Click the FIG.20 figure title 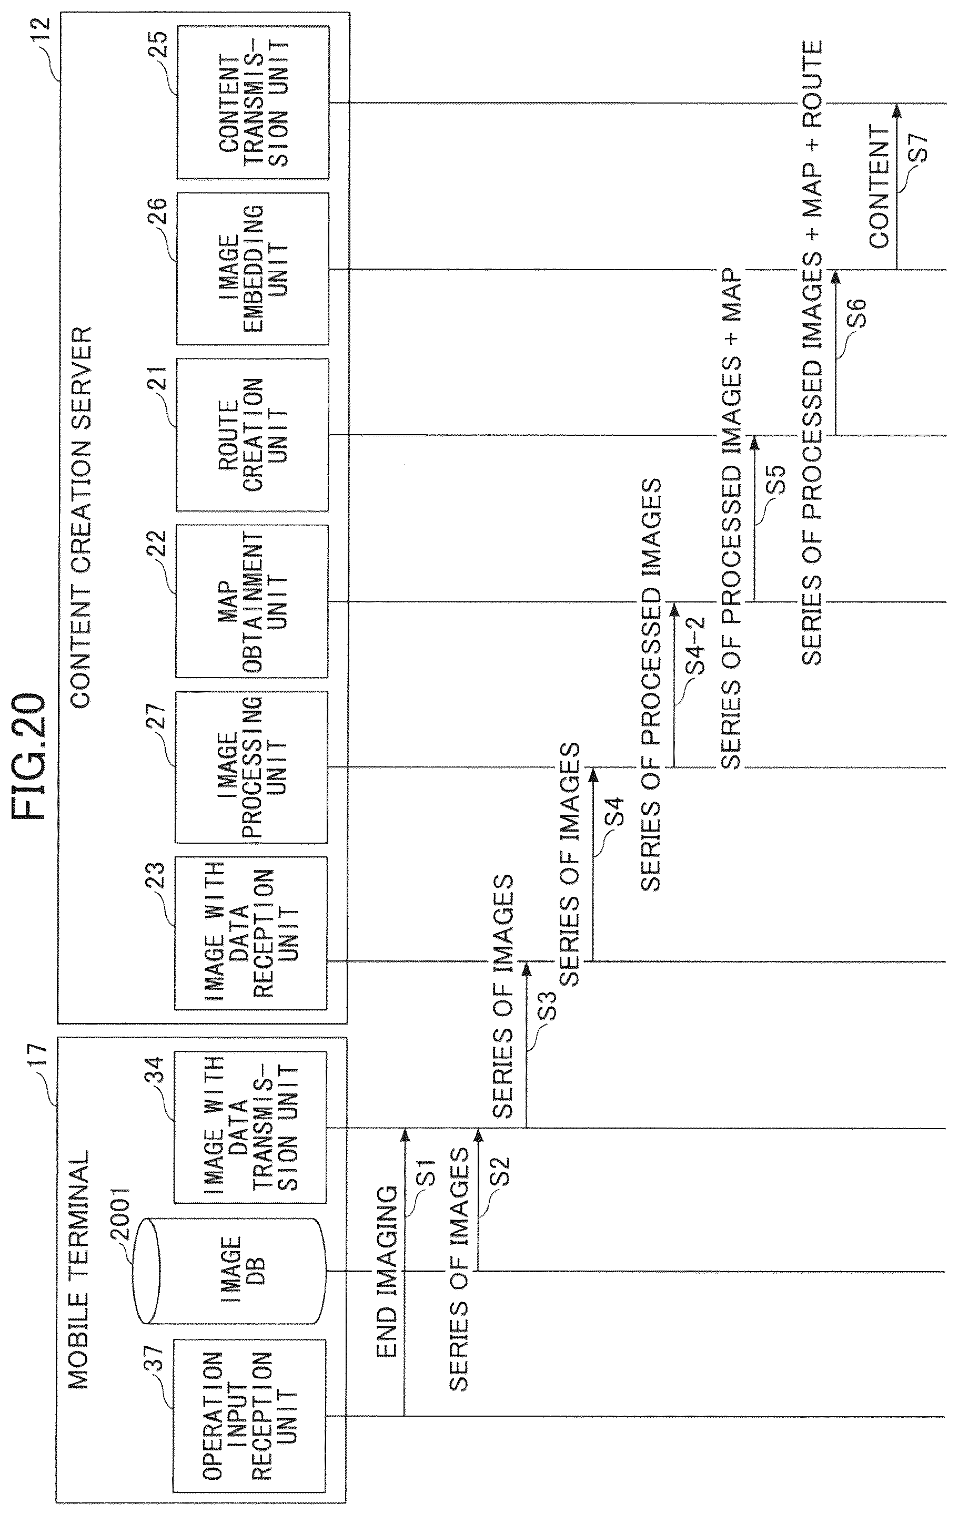click(29, 756)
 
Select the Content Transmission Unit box click(253, 103)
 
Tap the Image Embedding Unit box click(253, 269)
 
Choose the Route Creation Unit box click(253, 435)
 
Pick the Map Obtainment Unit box click(253, 601)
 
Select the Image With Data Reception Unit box click(251, 933)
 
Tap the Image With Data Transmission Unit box click(250, 1128)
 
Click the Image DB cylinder click(230, 1271)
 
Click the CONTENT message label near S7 click(879, 186)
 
